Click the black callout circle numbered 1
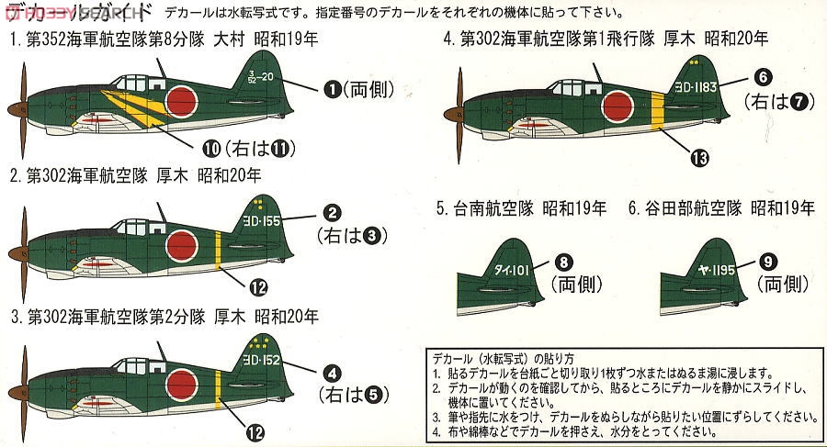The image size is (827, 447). (332, 89)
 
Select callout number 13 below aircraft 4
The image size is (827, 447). (701, 159)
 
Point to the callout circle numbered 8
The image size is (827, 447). (565, 262)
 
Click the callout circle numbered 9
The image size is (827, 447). (769, 262)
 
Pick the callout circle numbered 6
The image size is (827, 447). (765, 76)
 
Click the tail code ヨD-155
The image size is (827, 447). (269, 221)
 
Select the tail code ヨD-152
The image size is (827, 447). (269, 361)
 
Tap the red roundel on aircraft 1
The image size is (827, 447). (183, 100)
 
